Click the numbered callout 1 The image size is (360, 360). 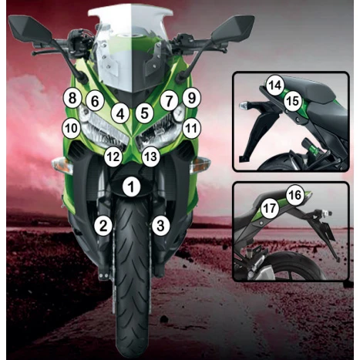tap(133, 186)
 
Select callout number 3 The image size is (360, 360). tap(160, 226)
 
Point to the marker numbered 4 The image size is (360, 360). tap(119, 113)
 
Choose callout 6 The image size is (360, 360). tap(94, 100)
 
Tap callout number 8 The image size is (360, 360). tap(72, 98)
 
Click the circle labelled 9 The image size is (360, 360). tap(191, 98)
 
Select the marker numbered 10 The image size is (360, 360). tap(71, 127)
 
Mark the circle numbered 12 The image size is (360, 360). tap(113, 156)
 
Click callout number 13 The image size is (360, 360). tap(150, 156)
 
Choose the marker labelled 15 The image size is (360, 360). tap(292, 100)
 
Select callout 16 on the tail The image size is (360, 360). tap(294, 195)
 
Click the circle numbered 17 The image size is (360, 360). tap(269, 208)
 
